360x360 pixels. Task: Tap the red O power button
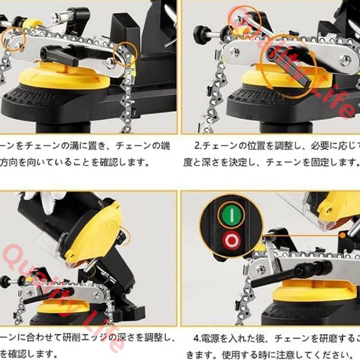[230, 242]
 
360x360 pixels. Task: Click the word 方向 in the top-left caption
[10, 161]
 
